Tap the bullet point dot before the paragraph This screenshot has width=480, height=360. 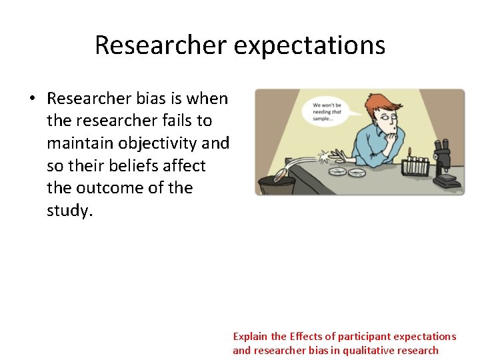31,99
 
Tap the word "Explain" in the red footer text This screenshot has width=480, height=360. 251,337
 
